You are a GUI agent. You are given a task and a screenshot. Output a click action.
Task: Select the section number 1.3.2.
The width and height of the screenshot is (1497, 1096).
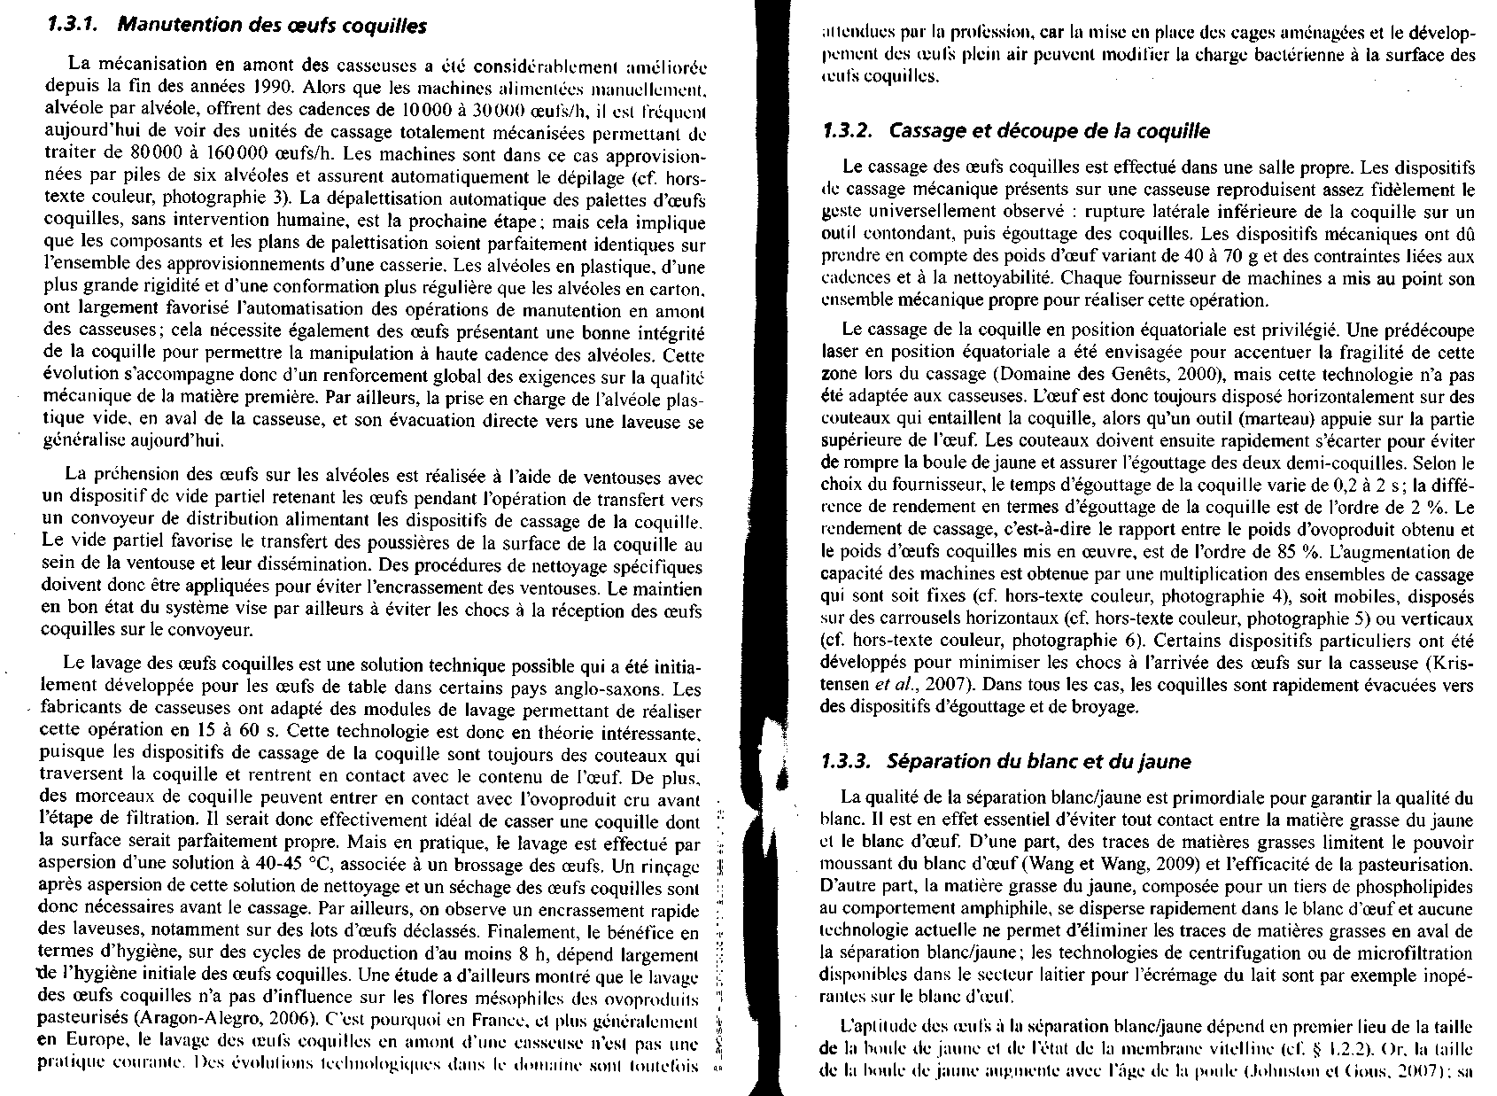846,131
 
